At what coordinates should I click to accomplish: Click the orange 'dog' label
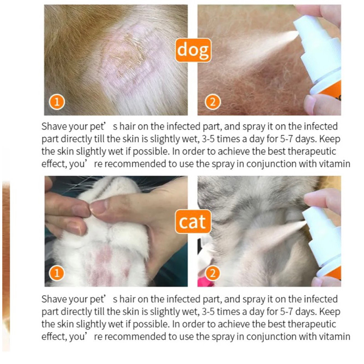(x=193, y=50)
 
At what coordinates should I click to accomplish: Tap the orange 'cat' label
(x=193, y=221)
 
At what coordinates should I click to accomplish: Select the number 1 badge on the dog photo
(x=57, y=102)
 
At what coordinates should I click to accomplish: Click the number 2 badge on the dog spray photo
(x=212, y=102)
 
